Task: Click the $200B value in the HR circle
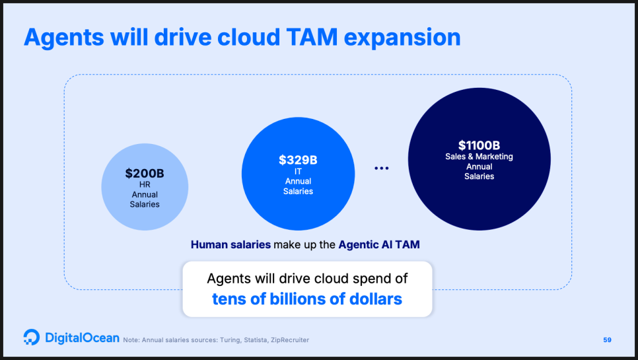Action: [x=145, y=174]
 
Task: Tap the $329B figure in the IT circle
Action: [x=298, y=160]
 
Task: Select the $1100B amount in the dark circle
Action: [x=479, y=145]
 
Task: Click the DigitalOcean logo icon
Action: [x=31, y=338]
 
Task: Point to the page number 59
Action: [x=607, y=340]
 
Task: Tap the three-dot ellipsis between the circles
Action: [x=382, y=168]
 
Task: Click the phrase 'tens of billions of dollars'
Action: [x=307, y=299]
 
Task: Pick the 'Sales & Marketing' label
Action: [x=479, y=157]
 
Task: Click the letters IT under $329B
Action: [x=298, y=172]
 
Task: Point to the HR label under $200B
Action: [x=145, y=185]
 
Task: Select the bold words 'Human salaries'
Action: [x=230, y=244]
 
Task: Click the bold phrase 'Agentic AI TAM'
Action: [x=379, y=244]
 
